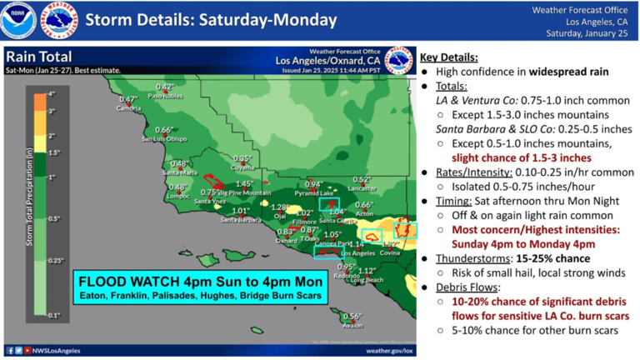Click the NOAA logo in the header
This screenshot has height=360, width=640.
17,20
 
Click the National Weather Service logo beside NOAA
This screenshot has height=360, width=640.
57,20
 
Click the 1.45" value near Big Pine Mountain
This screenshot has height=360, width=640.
245,184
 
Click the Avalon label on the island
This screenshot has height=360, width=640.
352,326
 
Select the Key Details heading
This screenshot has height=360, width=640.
449,57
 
